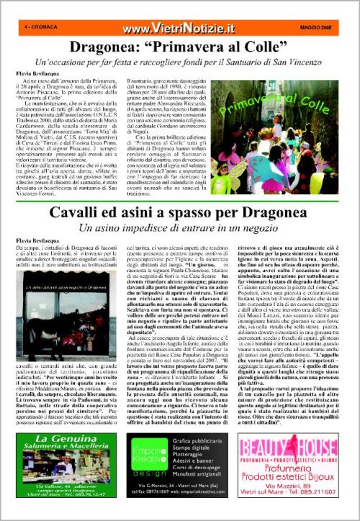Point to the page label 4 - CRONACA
(40, 27)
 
